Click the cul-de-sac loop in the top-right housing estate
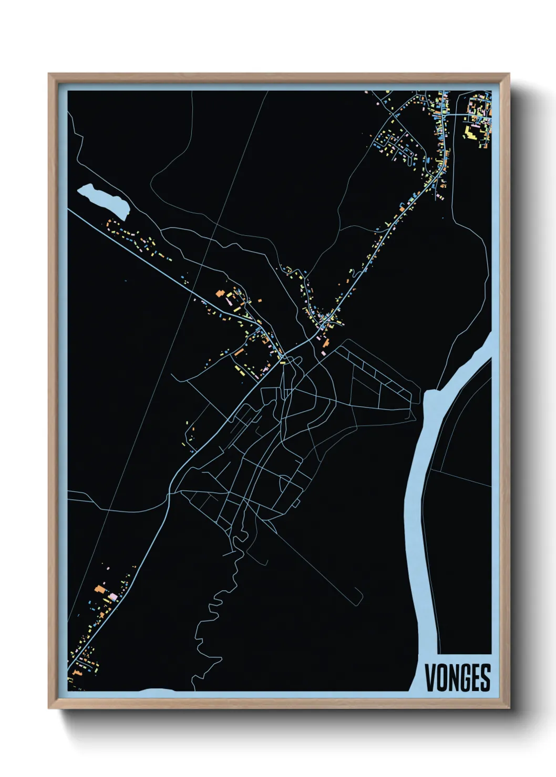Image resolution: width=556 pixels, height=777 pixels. [x=409, y=153]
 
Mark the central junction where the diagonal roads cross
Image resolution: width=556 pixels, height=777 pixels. [x=283, y=360]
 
